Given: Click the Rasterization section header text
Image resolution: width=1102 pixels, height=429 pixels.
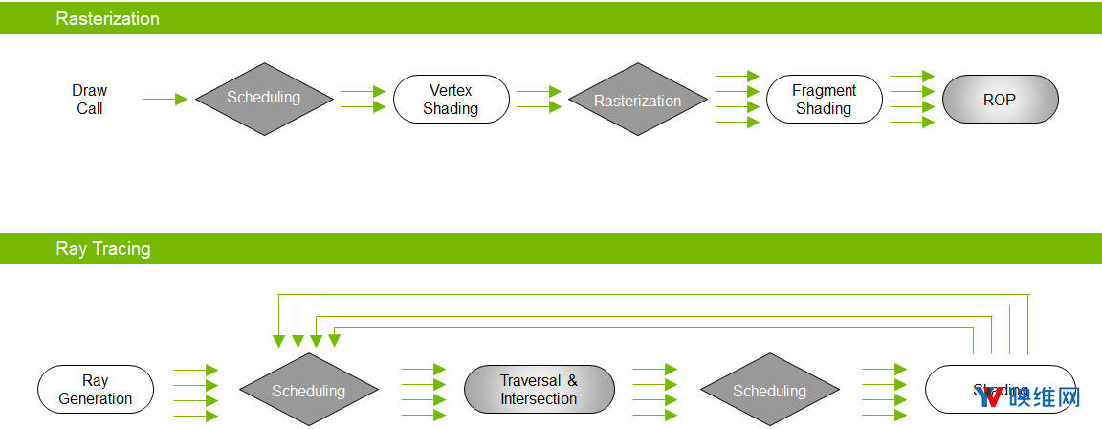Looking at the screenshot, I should click(108, 18).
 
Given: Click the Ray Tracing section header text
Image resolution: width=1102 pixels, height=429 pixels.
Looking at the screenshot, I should click(103, 249).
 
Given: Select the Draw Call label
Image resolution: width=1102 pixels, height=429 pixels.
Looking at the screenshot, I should click(90, 100).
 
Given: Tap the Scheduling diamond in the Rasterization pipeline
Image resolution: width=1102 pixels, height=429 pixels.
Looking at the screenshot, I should click(263, 98).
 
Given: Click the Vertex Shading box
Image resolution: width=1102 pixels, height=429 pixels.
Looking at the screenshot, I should click(451, 100).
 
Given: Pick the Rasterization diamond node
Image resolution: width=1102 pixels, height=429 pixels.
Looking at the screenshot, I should click(637, 101).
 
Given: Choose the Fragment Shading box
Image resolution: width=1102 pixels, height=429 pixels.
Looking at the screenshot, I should click(824, 100).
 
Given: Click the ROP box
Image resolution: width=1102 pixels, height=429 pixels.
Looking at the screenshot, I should click(1000, 100).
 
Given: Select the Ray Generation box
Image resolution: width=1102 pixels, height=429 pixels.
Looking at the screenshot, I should click(96, 390).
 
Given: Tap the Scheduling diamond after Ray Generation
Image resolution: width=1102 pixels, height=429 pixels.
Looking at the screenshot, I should click(308, 391).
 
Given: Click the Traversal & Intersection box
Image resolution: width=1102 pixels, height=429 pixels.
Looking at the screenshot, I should click(539, 390).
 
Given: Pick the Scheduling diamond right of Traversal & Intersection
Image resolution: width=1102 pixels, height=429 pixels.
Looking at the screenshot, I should click(769, 391).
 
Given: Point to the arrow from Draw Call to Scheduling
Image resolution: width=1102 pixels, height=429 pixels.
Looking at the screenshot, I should click(165, 99).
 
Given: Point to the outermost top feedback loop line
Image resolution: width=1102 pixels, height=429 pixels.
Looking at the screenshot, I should click(650, 295).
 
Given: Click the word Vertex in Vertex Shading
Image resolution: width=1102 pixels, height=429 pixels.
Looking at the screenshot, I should click(451, 91).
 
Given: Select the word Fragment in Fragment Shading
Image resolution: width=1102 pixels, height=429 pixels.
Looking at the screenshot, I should click(824, 91).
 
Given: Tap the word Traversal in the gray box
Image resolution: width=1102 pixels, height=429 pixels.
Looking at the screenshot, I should click(531, 381).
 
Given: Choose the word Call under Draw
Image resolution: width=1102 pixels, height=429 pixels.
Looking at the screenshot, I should click(90, 109).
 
